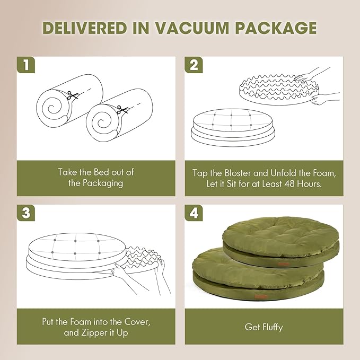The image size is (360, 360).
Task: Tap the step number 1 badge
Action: coord(25,66)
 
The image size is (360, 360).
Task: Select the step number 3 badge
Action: coord(25,213)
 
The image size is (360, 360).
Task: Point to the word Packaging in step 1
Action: coord(95,183)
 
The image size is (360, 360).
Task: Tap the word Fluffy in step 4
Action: coord(271,327)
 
